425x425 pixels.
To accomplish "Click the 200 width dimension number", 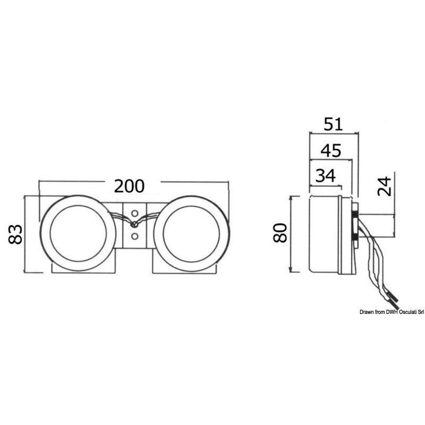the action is coord(129,186).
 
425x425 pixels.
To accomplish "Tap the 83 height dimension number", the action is coord(15,234).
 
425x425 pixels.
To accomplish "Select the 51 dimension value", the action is coord(333,124).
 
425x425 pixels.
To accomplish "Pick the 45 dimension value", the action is coord(331,150).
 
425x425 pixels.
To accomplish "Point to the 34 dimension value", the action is coord(326,175).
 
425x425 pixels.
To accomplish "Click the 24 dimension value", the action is coord(385,186).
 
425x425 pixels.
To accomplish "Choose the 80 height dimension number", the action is coord(280,233).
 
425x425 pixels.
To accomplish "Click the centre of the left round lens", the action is coord(78,233).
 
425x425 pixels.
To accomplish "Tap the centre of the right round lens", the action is coord(191,234).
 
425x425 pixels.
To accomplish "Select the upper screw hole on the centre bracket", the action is coord(134,213).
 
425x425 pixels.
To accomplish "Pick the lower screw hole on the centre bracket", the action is coord(134,236).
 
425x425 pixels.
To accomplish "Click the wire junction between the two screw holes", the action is coord(134,224).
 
